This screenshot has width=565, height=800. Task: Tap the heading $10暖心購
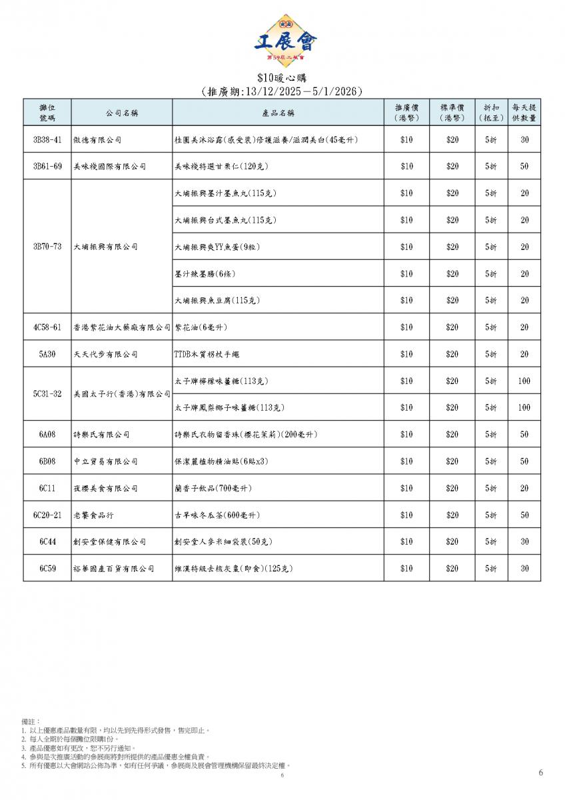282,78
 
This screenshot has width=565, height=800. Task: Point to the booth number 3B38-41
47,140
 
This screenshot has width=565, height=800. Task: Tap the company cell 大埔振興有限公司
105,247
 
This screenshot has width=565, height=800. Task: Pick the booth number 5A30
47,354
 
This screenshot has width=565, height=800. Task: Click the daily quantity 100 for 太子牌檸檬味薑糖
524,381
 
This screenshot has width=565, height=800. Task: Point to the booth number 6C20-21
47,515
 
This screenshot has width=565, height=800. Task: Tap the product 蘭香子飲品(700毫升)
213,489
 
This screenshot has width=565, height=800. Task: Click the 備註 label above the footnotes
31,721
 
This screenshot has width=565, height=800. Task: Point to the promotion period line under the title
282,92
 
